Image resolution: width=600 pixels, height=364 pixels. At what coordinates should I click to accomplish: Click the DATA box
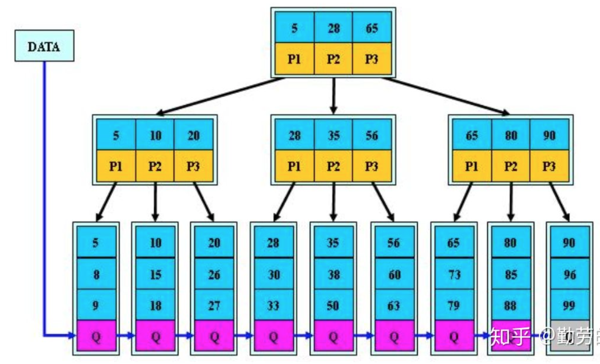[x=44, y=46]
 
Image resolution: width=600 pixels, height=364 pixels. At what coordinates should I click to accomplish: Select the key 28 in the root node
[x=333, y=28]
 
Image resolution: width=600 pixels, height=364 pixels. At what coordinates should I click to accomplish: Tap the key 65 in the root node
[x=372, y=28]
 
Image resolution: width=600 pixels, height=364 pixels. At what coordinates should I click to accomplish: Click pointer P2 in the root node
[x=333, y=59]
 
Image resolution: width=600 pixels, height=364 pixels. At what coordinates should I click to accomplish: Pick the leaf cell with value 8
[x=96, y=274]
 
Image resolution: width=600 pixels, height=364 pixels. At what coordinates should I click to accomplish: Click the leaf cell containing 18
[x=155, y=305]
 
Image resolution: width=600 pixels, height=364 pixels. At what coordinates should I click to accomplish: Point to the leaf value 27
[x=214, y=305]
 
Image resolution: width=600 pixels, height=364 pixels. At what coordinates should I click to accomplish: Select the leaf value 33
[x=273, y=305]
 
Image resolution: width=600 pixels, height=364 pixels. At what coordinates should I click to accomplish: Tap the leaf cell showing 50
[x=333, y=305]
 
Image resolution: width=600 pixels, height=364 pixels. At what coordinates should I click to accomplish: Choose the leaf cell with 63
[x=393, y=305]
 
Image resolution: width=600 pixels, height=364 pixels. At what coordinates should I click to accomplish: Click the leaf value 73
[x=454, y=274]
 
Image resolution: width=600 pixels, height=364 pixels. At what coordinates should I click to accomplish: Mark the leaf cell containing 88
[x=511, y=305]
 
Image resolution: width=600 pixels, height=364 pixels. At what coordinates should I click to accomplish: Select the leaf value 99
[x=569, y=305]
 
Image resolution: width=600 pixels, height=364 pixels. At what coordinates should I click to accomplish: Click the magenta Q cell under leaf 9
[x=96, y=336]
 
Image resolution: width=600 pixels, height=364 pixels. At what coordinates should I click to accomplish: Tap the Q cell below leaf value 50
[x=333, y=336]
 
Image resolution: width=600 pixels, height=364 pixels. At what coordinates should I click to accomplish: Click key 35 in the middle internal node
[x=333, y=135]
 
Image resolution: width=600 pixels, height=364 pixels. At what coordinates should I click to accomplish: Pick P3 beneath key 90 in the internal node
[x=549, y=166]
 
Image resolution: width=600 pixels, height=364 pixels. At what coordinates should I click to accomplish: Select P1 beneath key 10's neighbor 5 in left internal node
[x=116, y=166]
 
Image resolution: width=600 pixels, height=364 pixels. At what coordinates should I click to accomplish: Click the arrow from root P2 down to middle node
[x=334, y=96]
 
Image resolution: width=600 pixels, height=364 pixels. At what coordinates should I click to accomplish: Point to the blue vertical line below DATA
[x=45, y=192]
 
